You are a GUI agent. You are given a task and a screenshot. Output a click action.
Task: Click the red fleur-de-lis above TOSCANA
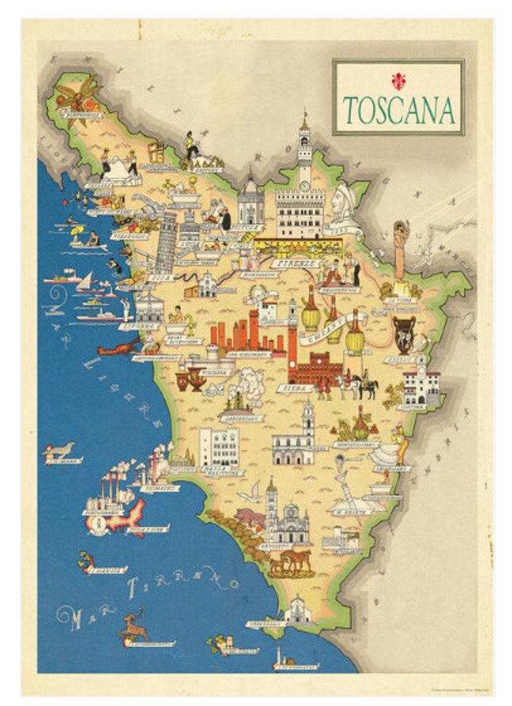pyautogui.click(x=397, y=80)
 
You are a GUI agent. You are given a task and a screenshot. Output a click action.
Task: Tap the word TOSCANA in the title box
pyautogui.click(x=399, y=110)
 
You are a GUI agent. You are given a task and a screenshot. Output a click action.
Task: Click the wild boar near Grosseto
pyautogui.click(x=250, y=516)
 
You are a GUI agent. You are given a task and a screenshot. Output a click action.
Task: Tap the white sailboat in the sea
pyautogui.click(x=86, y=282)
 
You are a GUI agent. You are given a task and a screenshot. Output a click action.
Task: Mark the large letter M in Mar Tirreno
pyautogui.click(x=75, y=617)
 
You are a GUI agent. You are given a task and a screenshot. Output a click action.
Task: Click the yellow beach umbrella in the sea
pyautogui.click(x=77, y=230)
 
